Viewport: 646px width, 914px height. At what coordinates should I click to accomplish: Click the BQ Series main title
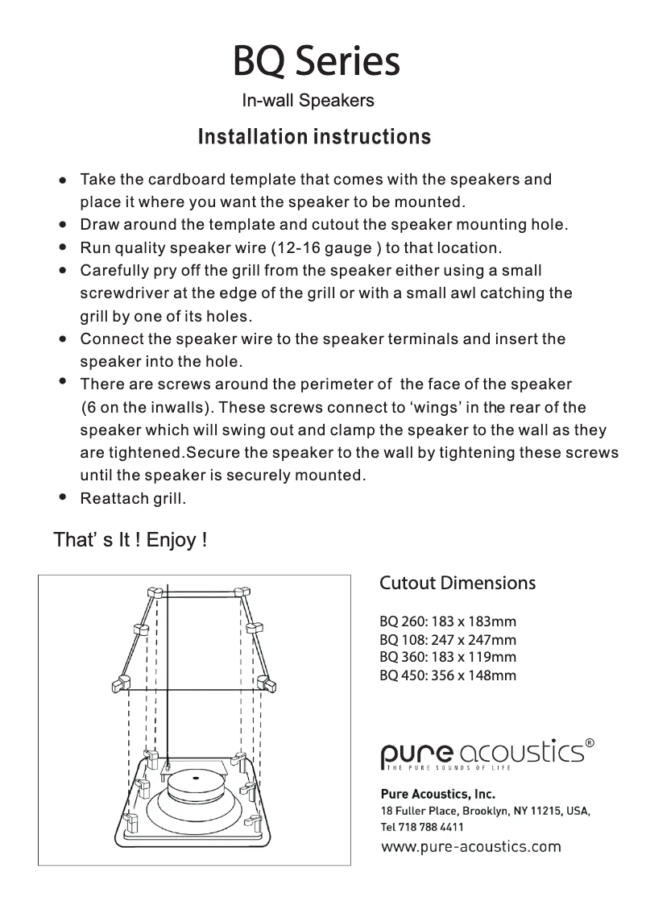point(316,61)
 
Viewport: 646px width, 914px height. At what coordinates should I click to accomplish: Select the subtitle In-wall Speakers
point(308,101)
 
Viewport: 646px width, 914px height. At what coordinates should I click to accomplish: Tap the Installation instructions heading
point(314,136)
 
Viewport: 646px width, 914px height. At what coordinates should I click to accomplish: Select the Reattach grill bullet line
point(133,499)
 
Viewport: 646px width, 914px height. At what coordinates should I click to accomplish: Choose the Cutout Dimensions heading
point(457,583)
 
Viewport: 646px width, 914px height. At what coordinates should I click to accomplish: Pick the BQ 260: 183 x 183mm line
point(447,622)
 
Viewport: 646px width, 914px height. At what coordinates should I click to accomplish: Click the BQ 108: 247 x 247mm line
point(447,640)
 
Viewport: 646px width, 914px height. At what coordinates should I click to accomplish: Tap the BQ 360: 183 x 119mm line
point(447,657)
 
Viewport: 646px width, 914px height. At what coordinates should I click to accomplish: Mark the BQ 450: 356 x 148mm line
point(447,675)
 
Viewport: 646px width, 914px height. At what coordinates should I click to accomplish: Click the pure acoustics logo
point(483,754)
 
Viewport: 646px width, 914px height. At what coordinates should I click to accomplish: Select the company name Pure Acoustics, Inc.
point(437,793)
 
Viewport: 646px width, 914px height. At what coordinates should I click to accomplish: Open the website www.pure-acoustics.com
point(470,846)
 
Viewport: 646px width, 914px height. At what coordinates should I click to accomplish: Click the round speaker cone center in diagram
point(198,779)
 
